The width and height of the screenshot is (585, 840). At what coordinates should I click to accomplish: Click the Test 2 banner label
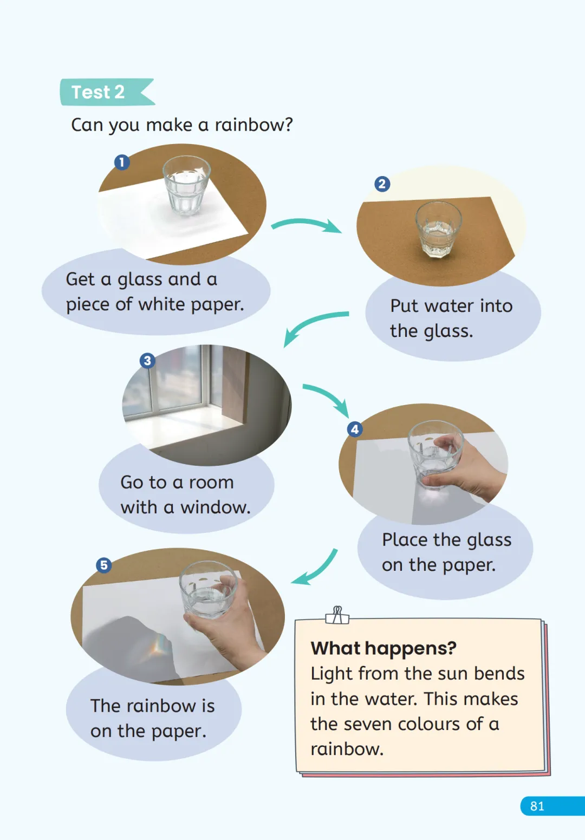[x=108, y=92]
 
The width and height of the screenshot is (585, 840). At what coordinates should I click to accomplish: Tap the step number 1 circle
[x=122, y=162]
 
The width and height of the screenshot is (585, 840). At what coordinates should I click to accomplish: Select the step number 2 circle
[x=382, y=184]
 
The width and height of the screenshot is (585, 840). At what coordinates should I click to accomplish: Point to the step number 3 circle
[x=147, y=361]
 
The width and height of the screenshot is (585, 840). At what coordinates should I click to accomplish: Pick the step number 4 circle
[x=355, y=429]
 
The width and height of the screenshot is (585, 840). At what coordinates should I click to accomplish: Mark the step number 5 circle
[x=104, y=565]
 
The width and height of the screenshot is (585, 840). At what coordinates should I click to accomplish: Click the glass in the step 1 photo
[x=186, y=186]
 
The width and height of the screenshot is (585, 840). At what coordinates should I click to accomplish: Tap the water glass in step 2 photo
[x=438, y=229]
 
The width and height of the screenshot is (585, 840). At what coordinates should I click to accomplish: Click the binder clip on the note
[x=337, y=615]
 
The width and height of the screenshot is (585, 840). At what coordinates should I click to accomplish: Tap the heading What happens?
[x=383, y=648]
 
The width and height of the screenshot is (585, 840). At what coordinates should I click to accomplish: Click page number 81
[x=537, y=806]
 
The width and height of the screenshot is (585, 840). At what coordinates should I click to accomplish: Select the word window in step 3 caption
[x=215, y=507]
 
